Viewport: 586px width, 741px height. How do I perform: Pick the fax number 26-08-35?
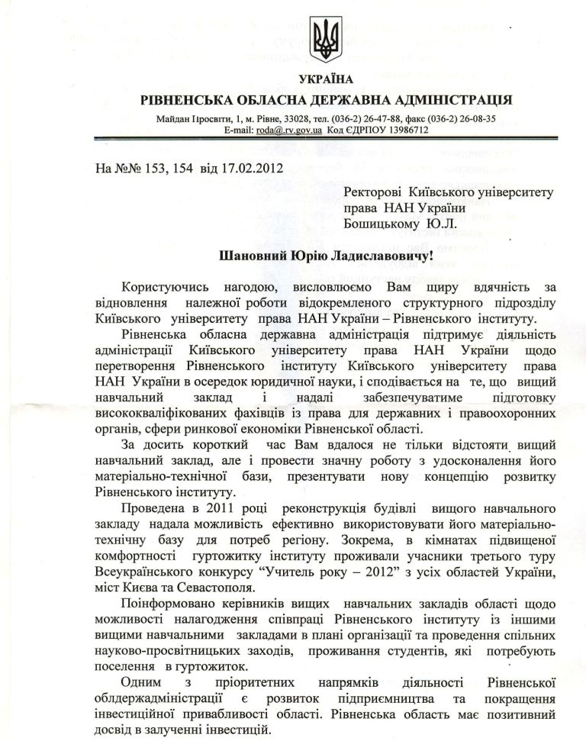474,119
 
